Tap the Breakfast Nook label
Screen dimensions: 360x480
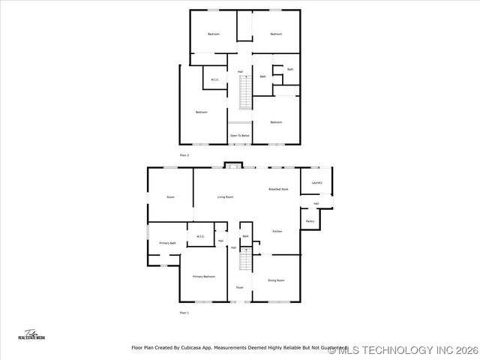[x=279, y=190]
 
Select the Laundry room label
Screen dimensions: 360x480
[x=316, y=182]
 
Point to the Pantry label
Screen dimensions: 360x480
[x=310, y=221]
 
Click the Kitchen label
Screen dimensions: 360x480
[x=277, y=232]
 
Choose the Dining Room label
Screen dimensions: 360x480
[x=276, y=280]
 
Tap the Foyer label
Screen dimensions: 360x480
[x=240, y=287]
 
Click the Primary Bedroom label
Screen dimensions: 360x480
[x=203, y=277]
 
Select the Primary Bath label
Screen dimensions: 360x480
[x=167, y=243]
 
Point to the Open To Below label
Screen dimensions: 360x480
[x=240, y=136]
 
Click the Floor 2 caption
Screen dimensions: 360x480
[x=184, y=154]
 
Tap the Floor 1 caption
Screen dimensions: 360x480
[x=184, y=312]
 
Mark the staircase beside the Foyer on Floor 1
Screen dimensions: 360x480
[x=245, y=261]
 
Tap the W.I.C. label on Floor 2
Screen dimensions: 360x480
[x=214, y=79]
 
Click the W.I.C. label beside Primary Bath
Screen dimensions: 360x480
[x=201, y=237]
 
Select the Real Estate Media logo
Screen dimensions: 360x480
[x=31, y=335]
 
